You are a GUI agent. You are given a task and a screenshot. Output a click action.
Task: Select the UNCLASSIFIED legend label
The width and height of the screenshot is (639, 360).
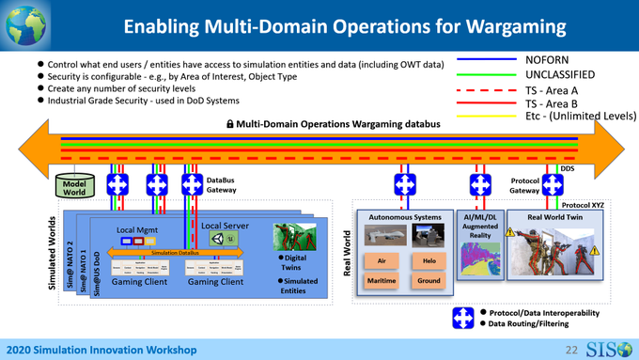pos(562,74)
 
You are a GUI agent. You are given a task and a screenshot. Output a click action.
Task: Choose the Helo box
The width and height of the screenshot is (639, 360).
pos(429,259)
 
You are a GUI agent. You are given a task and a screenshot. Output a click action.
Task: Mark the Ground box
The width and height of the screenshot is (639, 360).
pos(429,280)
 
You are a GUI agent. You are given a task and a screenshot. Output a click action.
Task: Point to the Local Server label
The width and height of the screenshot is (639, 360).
pos(225,225)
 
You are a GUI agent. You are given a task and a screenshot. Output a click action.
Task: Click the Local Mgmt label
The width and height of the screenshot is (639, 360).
pos(138,228)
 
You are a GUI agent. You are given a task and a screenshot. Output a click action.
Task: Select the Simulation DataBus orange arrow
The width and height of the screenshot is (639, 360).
pos(179,253)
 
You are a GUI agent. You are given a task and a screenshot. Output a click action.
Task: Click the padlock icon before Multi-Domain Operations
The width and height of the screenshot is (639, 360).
pos(229,124)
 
